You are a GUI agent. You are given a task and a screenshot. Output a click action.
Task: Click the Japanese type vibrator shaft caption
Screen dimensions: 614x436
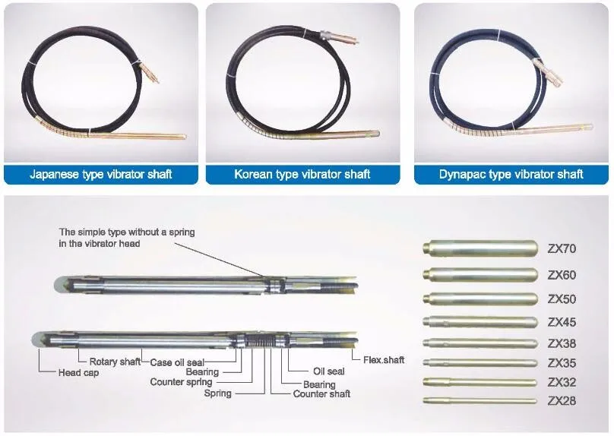(101, 174)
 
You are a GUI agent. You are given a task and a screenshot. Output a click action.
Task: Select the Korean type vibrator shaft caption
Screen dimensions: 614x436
(302, 174)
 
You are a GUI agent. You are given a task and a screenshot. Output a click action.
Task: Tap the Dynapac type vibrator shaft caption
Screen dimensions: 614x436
(511, 174)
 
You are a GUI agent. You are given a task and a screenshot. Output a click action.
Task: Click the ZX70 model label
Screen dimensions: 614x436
(562, 248)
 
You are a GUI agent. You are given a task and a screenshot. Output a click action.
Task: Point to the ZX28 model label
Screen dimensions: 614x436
(562, 401)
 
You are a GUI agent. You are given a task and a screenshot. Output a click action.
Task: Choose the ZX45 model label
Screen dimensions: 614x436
(562, 322)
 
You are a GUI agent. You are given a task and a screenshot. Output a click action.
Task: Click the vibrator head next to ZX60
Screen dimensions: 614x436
(480, 275)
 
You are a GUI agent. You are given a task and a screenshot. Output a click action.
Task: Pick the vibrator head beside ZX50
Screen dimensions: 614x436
(480, 299)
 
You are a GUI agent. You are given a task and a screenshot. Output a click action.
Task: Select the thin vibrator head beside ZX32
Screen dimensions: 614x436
(479, 382)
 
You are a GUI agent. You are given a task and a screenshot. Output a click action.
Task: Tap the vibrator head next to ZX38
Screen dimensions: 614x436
(480, 343)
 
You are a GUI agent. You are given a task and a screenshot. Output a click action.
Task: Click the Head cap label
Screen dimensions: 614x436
(78, 373)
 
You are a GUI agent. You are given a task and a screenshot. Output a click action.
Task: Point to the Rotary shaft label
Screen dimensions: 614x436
(115, 362)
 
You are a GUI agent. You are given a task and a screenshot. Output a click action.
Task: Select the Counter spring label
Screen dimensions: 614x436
(181, 381)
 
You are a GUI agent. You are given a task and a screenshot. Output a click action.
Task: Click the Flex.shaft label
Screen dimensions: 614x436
(384, 360)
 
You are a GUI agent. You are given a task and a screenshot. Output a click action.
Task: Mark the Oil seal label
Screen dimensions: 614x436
(329, 371)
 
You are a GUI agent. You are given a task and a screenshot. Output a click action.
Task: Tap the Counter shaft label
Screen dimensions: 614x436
(321, 393)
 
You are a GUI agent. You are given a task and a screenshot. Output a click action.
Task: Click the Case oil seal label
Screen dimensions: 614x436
(177, 362)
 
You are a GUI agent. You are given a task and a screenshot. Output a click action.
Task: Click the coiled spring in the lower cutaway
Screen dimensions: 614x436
(261, 341)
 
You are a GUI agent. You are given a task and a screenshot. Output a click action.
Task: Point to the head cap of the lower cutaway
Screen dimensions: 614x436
(39, 340)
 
